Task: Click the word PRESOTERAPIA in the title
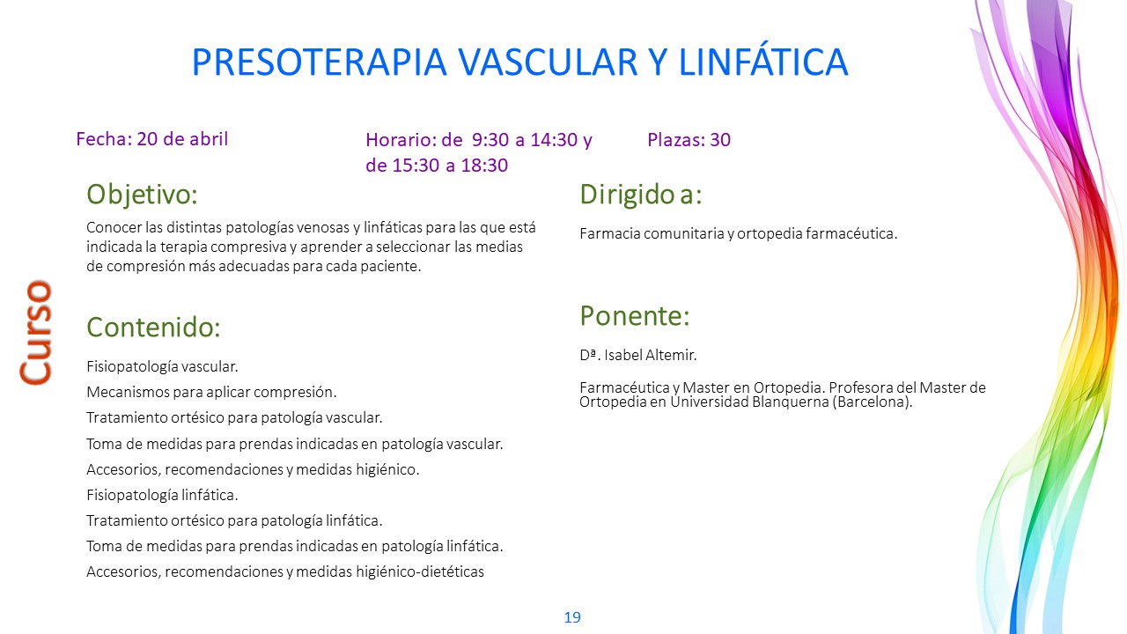[x=319, y=62]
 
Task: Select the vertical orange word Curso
[x=36, y=333]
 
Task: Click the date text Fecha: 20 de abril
[x=152, y=139]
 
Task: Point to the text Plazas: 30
[x=689, y=139]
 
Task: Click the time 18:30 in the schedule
[x=484, y=165]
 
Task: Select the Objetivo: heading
[x=142, y=195]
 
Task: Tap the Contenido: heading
[x=153, y=327]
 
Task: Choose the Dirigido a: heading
[x=640, y=195]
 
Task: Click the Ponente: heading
[x=635, y=315]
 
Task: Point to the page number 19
[x=572, y=617]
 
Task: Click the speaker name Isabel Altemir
[x=651, y=355]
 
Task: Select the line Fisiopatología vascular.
[x=162, y=367]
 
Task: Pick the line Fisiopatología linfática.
[x=162, y=495]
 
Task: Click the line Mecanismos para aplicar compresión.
[x=211, y=392]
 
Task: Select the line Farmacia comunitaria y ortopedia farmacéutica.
[x=739, y=234]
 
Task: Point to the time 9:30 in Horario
[x=490, y=140]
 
